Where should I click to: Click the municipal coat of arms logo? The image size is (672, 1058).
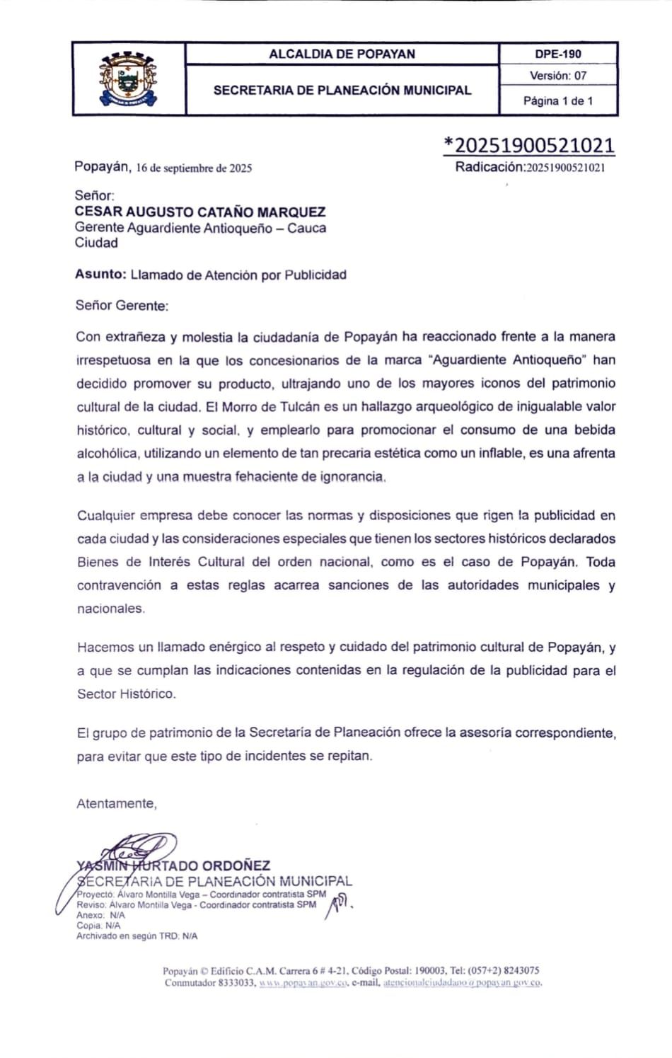[x=128, y=79]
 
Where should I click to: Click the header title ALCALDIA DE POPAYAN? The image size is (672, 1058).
[x=342, y=54]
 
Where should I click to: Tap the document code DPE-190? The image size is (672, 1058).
[x=558, y=54]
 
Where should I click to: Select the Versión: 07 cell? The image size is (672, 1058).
[x=558, y=76]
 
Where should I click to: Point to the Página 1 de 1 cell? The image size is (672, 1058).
[x=558, y=100]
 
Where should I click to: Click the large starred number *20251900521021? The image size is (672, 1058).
[x=529, y=145]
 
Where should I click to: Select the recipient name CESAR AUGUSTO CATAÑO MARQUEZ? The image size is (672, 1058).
[x=200, y=212]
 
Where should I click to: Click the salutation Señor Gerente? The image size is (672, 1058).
[x=122, y=306]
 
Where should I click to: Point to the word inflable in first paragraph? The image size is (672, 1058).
[x=498, y=453]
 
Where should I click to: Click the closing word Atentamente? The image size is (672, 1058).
[x=116, y=803]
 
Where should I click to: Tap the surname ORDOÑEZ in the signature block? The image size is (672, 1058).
[x=236, y=866]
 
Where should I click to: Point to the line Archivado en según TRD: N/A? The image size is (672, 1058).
[x=137, y=936]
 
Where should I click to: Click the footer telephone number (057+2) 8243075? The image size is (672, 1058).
[x=501, y=971]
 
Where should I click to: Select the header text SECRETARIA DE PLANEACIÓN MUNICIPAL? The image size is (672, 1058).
[x=342, y=90]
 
